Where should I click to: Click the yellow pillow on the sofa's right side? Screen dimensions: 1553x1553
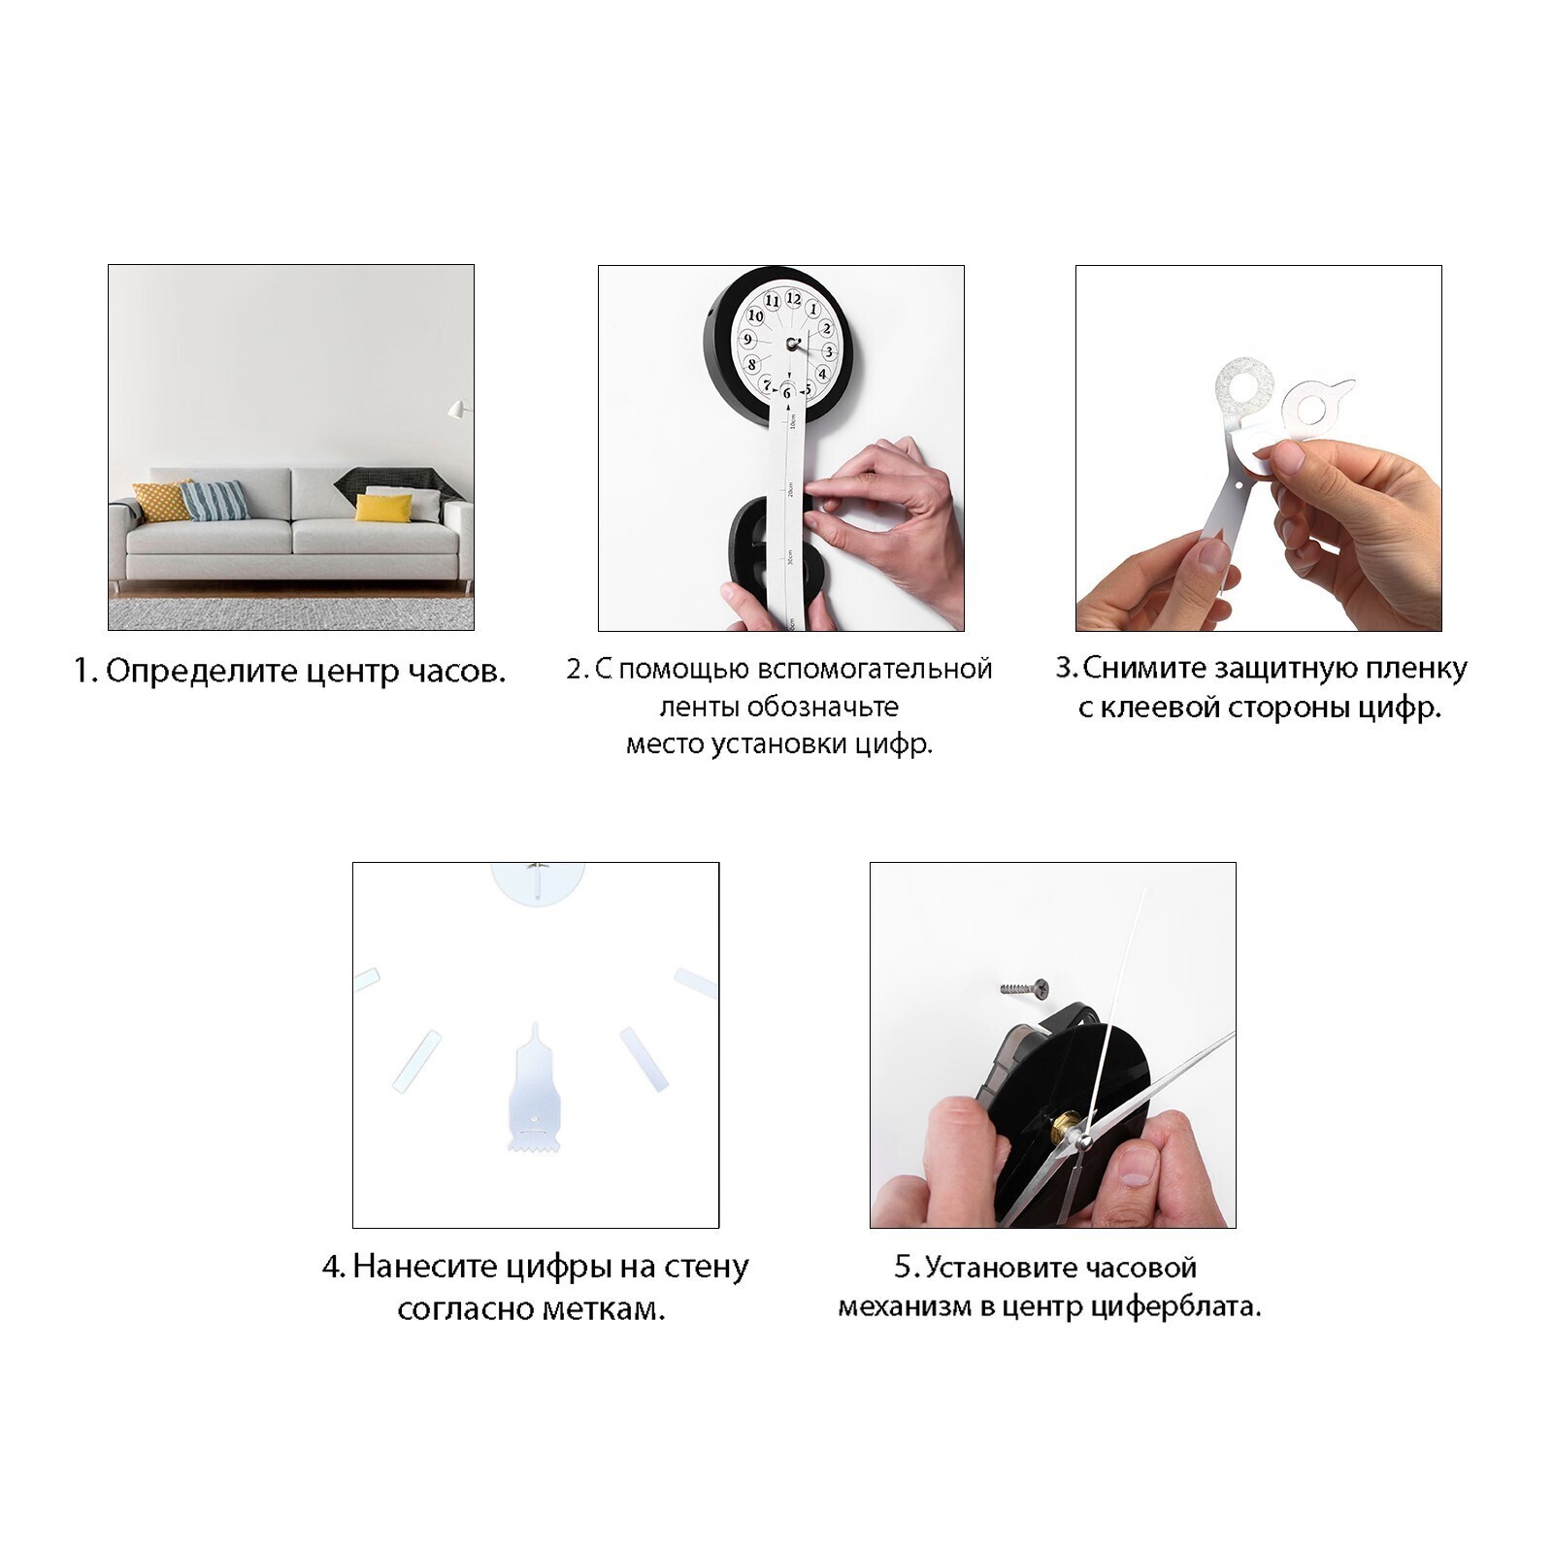pyautogui.click(x=383, y=508)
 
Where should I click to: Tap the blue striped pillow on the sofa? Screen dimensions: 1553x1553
pyautogui.click(x=215, y=501)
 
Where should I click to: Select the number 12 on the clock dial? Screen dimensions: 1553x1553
pyautogui.click(x=794, y=298)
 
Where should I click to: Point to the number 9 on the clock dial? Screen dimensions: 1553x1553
pyautogui.click(x=747, y=340)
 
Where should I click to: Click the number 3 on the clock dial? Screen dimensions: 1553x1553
pyautogui.click(x=829, y=351)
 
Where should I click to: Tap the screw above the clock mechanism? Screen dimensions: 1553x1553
pyautogui.click(x=1025, y=988)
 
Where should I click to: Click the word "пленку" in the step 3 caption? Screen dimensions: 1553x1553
pyautogui.click(x=1417, y=669)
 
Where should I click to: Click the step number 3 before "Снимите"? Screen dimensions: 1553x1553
pyautogui.click(x=1065, y=668)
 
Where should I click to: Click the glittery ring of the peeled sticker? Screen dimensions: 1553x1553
pyautogui.click(x=1245, y=385)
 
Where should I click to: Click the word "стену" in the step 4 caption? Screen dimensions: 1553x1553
pyautogui.click(x=706, y=1267)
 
